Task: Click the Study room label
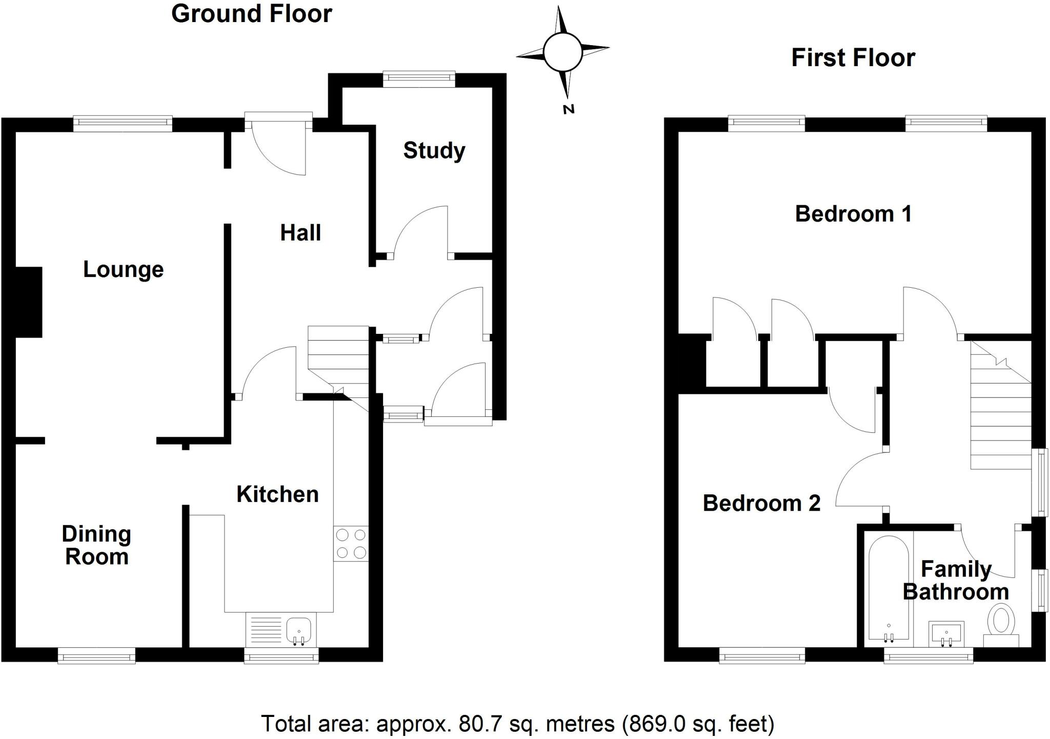click(x=434, y=151)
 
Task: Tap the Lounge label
click(x=123, y=270)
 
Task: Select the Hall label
click(x=300, y=233)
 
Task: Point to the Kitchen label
click(x=277, y=494)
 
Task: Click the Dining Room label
click(x=96, y=545)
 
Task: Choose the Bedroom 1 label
click(x=853, y=214)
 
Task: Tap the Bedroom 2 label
click(x=761, y=503)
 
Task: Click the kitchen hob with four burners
click(x=351, y=544)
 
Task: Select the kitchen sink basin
click(x=299, y=629)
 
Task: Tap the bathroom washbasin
click(x=946, y=634)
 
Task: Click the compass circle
click(x=562, y=52)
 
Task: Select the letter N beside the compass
click(x=569, y=109)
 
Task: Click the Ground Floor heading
click(x=251, y=14)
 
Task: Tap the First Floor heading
click(x=853, y=57)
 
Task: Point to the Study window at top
click(x=419, y=78)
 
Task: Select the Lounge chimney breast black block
click(x=29, y=302)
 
